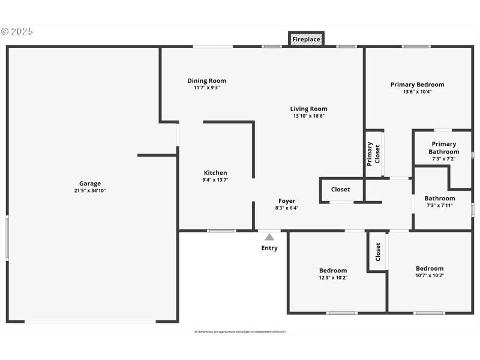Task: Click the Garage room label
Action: point(90,184)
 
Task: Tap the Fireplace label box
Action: point(306,40)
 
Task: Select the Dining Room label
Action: point(206,81)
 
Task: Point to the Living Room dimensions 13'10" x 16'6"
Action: point(308,116)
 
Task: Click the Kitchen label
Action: point(215,173)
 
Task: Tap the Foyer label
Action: point(286,201)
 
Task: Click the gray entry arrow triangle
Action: point(269,237)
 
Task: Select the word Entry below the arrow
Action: point(269,248)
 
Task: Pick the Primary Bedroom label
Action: point(417,85)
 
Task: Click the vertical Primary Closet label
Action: point(373,154)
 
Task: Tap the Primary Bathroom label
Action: point(443,148)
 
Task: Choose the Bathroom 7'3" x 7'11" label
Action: point(440,201)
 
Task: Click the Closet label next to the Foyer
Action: point(340,190)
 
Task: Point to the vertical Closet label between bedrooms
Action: point(378,252)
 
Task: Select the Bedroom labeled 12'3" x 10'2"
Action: point(332,274)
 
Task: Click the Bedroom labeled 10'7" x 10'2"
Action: point(430,272)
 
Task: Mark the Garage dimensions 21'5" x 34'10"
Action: point(90,191)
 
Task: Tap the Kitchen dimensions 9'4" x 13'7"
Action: point(215,179)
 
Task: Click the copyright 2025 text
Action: point(17,31)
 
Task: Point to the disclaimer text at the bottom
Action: point(240,332)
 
